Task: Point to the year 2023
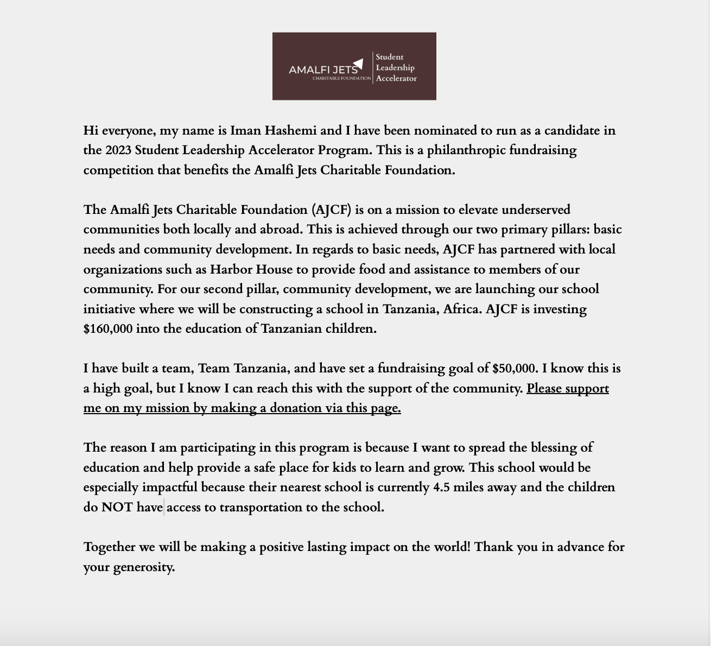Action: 118,150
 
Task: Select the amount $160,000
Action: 108,329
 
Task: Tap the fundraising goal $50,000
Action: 515,369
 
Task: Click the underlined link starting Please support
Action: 567,389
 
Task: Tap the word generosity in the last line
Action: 143,567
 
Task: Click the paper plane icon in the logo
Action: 358,64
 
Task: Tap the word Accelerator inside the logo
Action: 396,79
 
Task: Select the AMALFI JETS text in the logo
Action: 323,70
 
